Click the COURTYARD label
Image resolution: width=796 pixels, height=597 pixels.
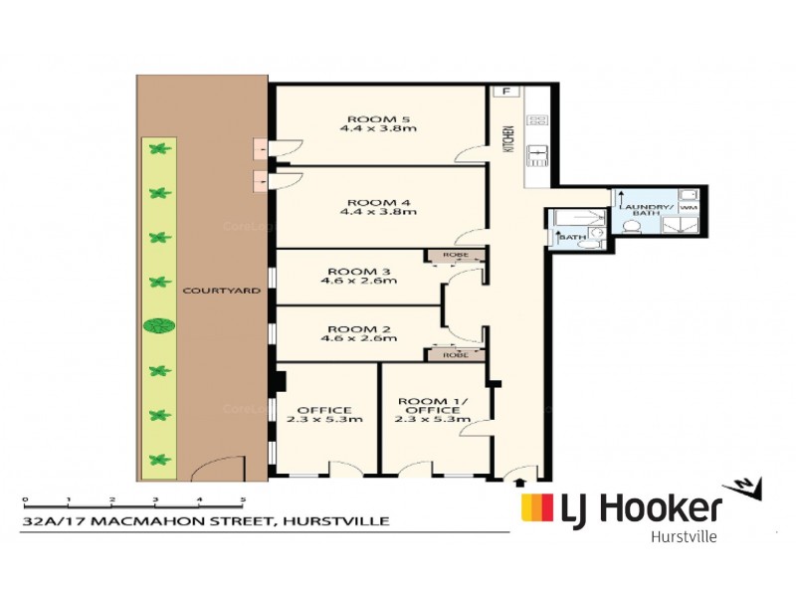point(221,292)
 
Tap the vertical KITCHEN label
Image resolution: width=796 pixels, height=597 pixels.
point(508,138)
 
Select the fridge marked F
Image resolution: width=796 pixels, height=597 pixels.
point(506,92)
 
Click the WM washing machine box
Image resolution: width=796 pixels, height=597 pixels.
point(688,206)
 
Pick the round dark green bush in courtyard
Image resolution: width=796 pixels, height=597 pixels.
point(158,325)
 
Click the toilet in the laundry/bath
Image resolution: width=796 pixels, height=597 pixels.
point(630,226)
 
